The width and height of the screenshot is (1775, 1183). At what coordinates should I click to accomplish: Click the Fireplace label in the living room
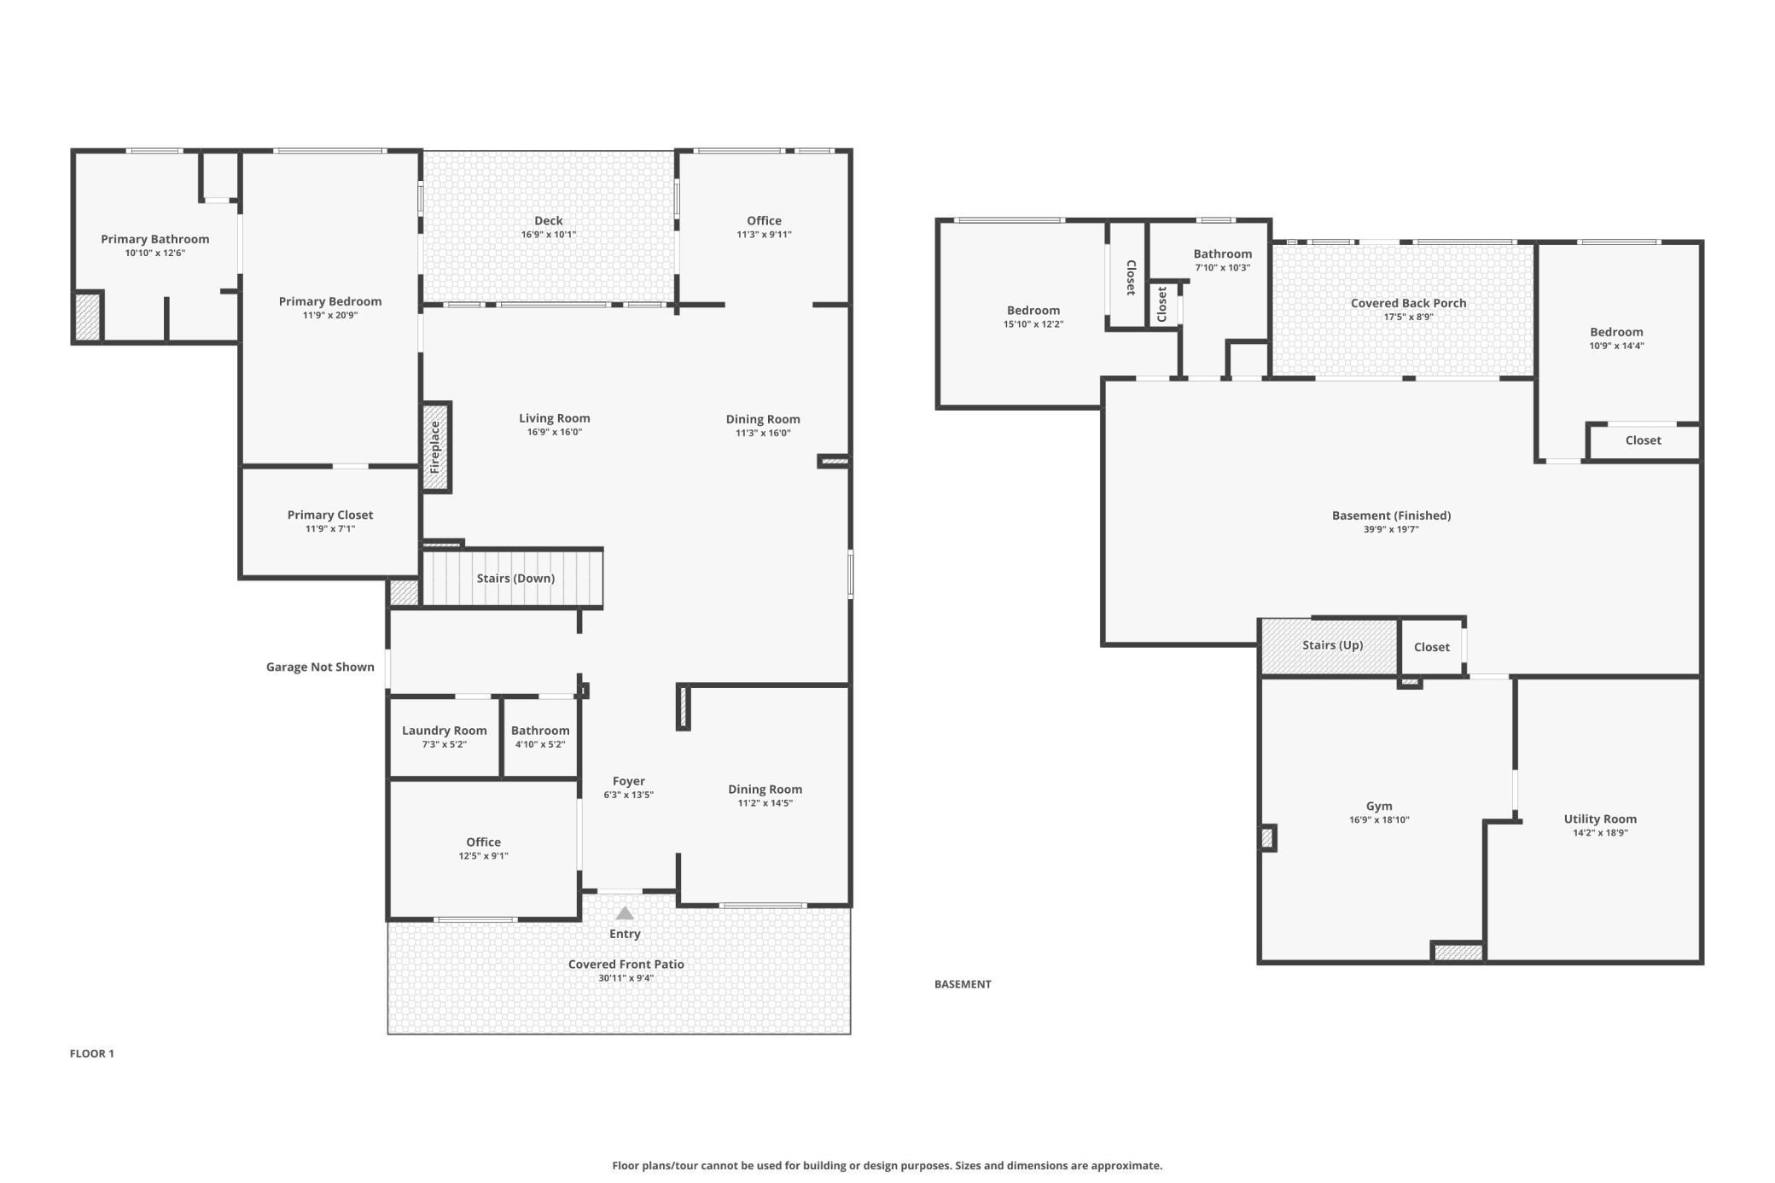pyautogui.click(x=434, y=447)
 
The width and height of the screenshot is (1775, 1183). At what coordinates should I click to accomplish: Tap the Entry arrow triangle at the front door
pyautogui.click(x=625, y=913)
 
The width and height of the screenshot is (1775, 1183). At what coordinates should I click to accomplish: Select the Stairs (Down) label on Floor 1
pyautogui.click(x=515, y=579)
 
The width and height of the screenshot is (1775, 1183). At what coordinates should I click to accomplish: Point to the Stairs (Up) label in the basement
pyautogui.click(x=1332, y=645)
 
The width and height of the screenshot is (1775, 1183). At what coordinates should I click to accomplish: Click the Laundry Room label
pyautogui.click(x=445, y=731)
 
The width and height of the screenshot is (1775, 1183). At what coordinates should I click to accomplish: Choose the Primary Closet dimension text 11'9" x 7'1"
pyautogui.click(x=330, y=529)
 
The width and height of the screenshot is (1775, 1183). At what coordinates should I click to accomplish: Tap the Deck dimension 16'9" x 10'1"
pyautogui.click(x=549, y=235)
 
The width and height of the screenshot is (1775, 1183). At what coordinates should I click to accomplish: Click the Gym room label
pyautogui.click(x=1379, y=807)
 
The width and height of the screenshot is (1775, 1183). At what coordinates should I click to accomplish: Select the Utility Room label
pyautogui.click(x=1600, y=819)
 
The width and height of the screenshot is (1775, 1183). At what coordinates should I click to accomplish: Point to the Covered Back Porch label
pyautogui.click(x=1408, y=303)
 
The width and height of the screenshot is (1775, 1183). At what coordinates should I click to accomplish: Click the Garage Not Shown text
pyautogui.click(x=320, y=667)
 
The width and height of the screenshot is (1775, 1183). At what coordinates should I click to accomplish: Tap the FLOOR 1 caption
pyautogui.click(x=92, y=1053)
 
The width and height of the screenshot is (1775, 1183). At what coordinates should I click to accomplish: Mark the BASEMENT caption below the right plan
pyautogui.click(x=963, y=984)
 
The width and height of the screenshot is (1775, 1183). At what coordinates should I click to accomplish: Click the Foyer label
pyautogui.click(x=629, y=781)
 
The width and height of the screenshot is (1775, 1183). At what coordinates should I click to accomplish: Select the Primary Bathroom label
pyautogui.click(x=155, y=239)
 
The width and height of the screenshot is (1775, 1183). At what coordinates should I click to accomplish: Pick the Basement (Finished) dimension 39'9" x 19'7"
pyautogui.click(x=1391, y=529)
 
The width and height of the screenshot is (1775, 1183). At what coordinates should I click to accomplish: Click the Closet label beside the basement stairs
pyautogui.click(x=1432, y=647)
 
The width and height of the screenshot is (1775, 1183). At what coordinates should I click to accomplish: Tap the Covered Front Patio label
pyautogui.click(x=626, y=964)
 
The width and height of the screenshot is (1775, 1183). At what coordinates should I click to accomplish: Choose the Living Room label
pyautogui.click(x=555, y=418)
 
